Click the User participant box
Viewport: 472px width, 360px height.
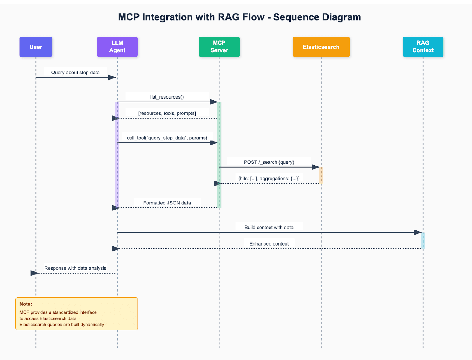36,47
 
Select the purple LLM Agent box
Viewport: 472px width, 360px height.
117,47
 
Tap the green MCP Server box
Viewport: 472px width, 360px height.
219,47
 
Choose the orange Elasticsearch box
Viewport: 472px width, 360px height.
321,47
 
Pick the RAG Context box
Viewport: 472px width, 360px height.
423,47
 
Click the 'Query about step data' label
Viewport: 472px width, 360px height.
75,73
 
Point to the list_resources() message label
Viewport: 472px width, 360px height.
167,97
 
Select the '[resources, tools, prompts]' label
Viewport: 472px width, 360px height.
167,113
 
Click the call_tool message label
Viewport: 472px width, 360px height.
167,138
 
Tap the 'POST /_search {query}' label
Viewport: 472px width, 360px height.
269,162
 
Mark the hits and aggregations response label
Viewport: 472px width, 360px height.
269,179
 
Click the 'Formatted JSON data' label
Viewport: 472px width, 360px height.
167,203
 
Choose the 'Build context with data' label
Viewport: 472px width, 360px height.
269,228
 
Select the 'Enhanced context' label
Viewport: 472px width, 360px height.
269,244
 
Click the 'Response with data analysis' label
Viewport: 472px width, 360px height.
75,268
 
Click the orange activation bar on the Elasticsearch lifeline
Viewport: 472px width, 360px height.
321,175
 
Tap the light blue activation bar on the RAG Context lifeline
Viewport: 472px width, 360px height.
423,240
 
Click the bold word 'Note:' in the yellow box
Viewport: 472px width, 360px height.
26,304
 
